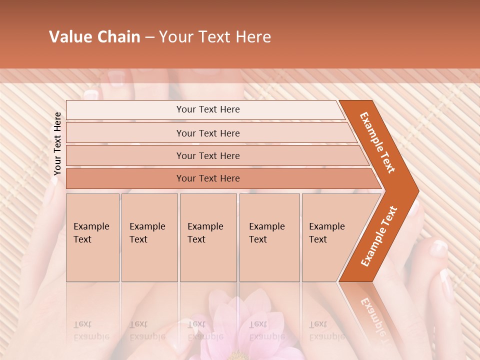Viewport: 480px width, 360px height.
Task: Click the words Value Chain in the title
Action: [94, 37]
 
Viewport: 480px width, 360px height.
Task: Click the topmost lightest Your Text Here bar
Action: [207, 109]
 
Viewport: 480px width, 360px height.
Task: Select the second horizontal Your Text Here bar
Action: [207, 133]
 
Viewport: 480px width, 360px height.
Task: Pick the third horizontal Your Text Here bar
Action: [207, 155]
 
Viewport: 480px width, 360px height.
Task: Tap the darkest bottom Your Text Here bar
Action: [207, 178]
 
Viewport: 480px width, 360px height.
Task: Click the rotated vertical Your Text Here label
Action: [58, 144]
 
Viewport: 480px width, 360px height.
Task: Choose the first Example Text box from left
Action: [92, 237]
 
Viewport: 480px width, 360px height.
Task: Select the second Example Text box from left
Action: [149, 237]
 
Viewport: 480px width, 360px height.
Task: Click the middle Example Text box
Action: [208, 237]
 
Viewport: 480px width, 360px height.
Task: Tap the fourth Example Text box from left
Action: [269, 237]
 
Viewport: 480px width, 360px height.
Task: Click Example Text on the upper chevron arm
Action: [378, 142]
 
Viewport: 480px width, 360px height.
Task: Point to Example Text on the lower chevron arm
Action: [379, 236]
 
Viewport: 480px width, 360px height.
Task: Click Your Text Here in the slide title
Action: [215, 37]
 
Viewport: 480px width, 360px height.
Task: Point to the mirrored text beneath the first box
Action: [91, 330]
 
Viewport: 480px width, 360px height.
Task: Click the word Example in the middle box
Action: [205, 226]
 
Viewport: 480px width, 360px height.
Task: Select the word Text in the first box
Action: [82, 239]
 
